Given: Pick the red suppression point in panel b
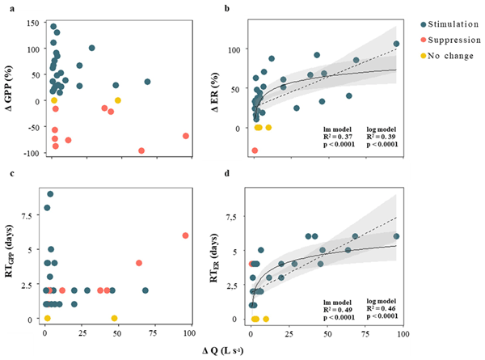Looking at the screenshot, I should click(255, 150).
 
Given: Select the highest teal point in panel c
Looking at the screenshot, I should click(50, 194).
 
